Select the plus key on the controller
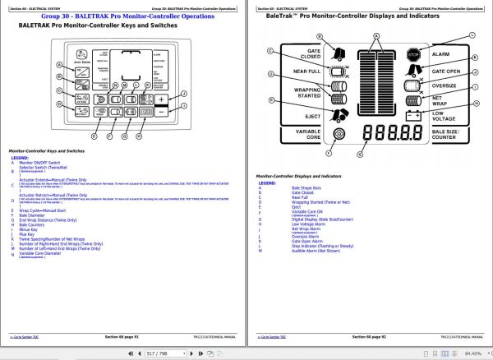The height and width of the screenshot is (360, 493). (x=162, y=98)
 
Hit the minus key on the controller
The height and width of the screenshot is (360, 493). (x=162, y=113)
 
